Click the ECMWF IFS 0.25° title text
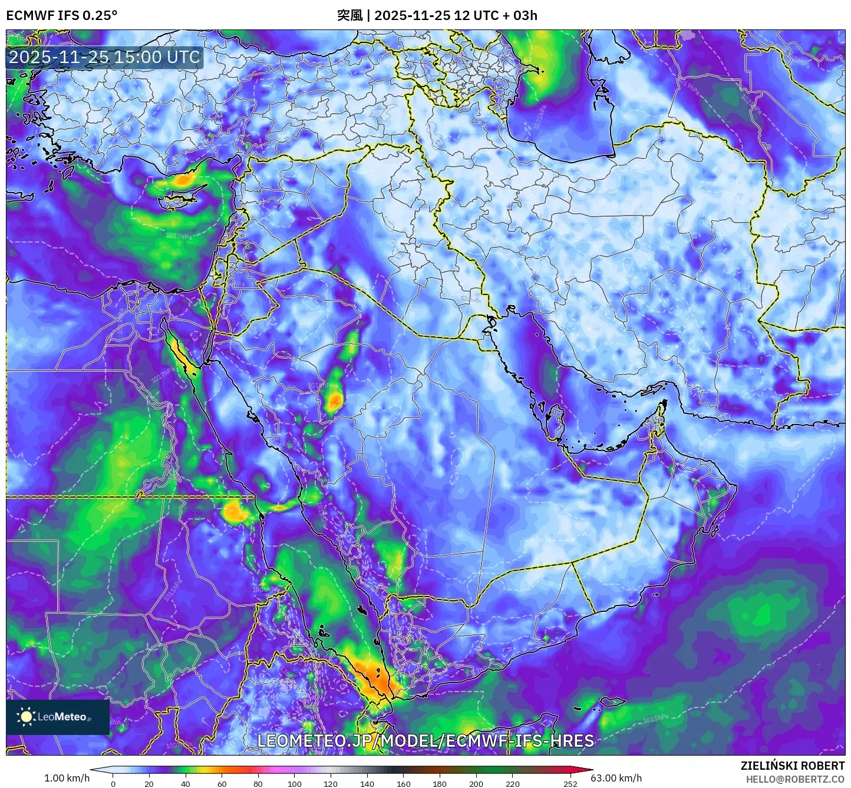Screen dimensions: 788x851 61,15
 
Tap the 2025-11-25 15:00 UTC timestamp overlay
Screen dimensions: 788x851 104,57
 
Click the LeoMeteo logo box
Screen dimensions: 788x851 58,717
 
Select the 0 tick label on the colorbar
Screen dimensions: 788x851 113,783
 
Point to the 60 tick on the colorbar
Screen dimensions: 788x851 222,783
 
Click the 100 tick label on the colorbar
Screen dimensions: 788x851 295,783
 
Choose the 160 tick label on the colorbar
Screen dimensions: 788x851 404,783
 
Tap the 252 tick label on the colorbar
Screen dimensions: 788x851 570,783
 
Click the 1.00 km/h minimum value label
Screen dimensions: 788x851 67,778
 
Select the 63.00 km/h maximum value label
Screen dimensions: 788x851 616,778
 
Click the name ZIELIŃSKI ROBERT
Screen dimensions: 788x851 793,766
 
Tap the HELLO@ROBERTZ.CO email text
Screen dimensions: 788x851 795,779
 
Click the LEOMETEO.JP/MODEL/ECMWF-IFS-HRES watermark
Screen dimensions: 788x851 425,740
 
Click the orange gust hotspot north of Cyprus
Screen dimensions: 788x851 185,179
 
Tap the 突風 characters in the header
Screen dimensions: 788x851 349,15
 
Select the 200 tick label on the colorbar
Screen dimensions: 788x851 476,783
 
